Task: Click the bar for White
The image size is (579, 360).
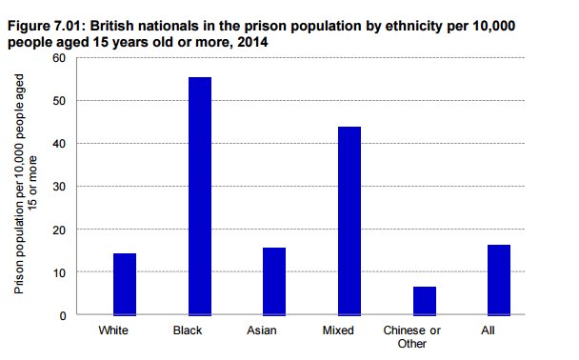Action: point(125,284)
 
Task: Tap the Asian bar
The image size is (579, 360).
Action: point(274,281)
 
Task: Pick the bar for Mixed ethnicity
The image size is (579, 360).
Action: point(349,220)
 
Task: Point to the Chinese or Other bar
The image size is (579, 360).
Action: point(425,300)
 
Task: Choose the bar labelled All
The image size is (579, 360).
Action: point(499,280)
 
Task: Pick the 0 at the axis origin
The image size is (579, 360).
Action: point(61,315)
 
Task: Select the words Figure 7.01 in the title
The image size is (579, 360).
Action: point(46,28)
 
